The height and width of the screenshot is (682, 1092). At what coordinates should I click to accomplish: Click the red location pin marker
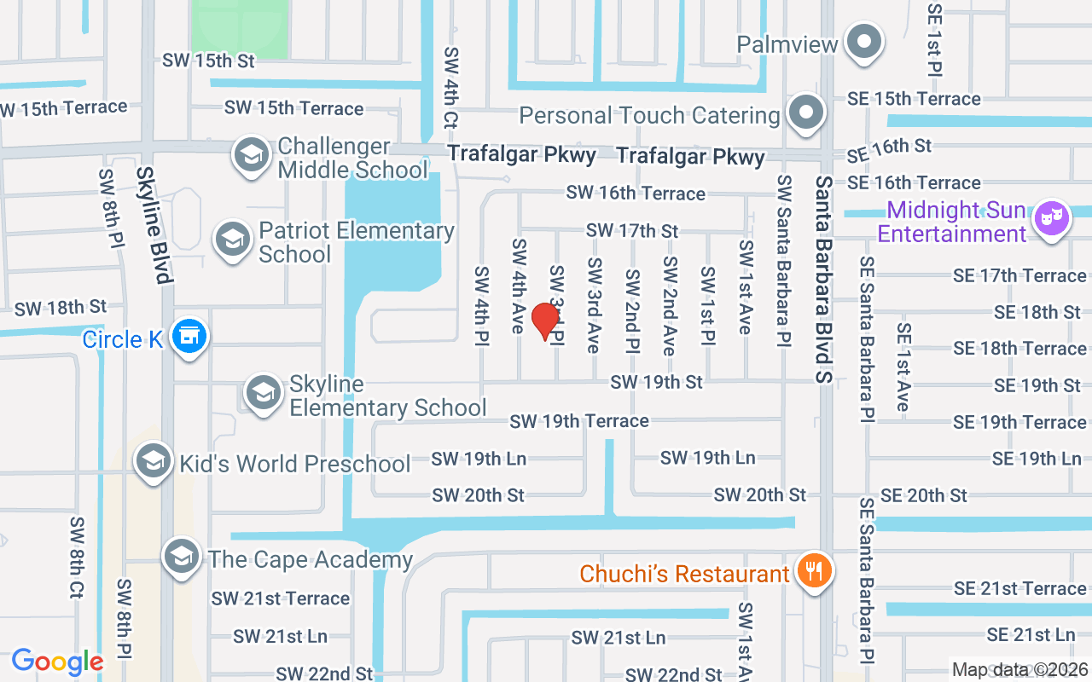[x=545, y=321]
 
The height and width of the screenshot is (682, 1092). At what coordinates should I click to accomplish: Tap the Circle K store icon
[x=189, y=336]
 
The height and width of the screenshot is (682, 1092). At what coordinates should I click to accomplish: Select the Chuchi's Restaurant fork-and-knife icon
[x=814, y=571]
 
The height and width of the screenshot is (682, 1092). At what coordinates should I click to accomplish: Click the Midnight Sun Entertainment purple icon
[x=1051, y=217]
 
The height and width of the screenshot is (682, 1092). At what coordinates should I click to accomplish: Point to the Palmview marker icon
[x=864, y=42]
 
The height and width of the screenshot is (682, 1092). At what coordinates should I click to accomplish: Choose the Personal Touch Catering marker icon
[x=805, y=113]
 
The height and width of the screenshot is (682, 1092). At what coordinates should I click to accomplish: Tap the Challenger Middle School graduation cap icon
[x=251, y=155]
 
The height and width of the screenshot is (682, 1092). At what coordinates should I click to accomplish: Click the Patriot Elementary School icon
[x=232, y=240]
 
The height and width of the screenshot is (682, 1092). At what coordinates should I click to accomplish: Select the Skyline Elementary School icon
[x=264, y=393]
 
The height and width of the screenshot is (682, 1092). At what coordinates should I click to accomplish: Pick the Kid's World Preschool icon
[x=154, y=461]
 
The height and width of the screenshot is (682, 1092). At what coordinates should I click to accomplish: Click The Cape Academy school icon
[x=181, y=557]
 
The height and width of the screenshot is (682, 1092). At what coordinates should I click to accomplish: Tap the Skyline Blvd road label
[x=154, y=224]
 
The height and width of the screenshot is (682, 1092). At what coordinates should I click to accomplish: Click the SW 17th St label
[x=631, y=230]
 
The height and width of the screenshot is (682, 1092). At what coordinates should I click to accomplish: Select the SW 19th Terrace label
[x=578, y=420]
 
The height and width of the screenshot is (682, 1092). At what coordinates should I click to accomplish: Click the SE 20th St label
[x=924, y=495]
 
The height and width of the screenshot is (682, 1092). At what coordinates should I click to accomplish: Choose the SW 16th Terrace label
[x=636, y=194]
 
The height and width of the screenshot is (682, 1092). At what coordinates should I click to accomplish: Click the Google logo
[x=57, y=662]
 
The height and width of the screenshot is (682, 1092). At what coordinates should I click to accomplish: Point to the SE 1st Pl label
[x=933, y=48]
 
